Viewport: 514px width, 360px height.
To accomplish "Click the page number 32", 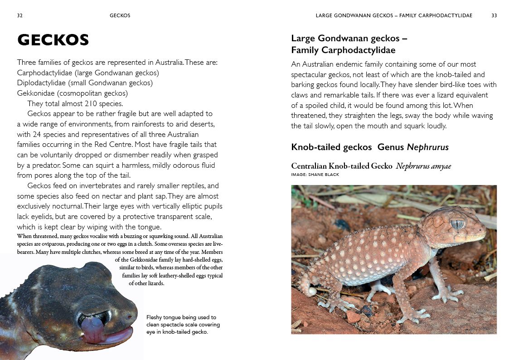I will point(20,15).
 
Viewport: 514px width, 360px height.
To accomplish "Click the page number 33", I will point(494,15).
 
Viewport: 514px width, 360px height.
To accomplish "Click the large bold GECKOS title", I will point(53,40).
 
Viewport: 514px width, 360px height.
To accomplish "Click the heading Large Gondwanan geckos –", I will point(349,39).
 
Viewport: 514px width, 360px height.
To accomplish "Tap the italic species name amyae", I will point(441,166).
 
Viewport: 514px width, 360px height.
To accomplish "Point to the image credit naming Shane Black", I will point(315,175).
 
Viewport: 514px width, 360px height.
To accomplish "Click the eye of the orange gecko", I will point(457,224).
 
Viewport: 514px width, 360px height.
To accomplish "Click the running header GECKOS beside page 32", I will point(120,15).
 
